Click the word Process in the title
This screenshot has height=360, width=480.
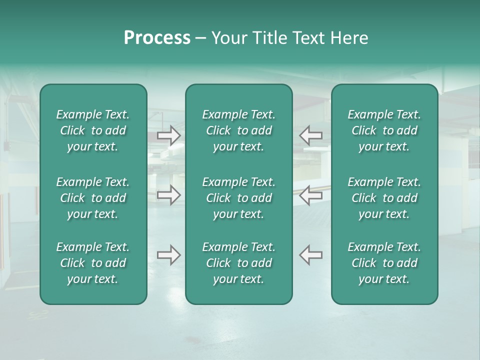click(x=157, y=38)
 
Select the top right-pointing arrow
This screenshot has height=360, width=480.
click(x=169, y=135)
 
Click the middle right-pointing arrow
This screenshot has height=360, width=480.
click(x=169, y=195)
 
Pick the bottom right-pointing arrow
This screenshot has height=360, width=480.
click(x=169, y=255)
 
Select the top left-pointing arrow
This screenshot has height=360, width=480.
click(x=310, y=135)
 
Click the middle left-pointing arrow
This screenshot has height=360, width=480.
click(x=310, y=195)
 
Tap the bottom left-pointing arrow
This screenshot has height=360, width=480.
click(x=310, y=255)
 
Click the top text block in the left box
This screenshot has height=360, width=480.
click(x=93, y=130)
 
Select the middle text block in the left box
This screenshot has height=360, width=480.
click(x=93, y=198)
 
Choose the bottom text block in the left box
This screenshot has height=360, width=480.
click(x=93, y=263)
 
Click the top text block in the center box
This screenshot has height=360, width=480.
click(x=238, y=130)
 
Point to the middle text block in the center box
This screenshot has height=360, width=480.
click(x=238, y=198)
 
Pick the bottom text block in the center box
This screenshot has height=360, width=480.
click(x=238, y=263)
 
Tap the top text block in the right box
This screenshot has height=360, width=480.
click(x=384, y=130)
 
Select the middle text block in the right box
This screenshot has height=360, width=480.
click(x=384, y=198)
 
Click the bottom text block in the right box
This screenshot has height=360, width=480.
click(x=384, y=263)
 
